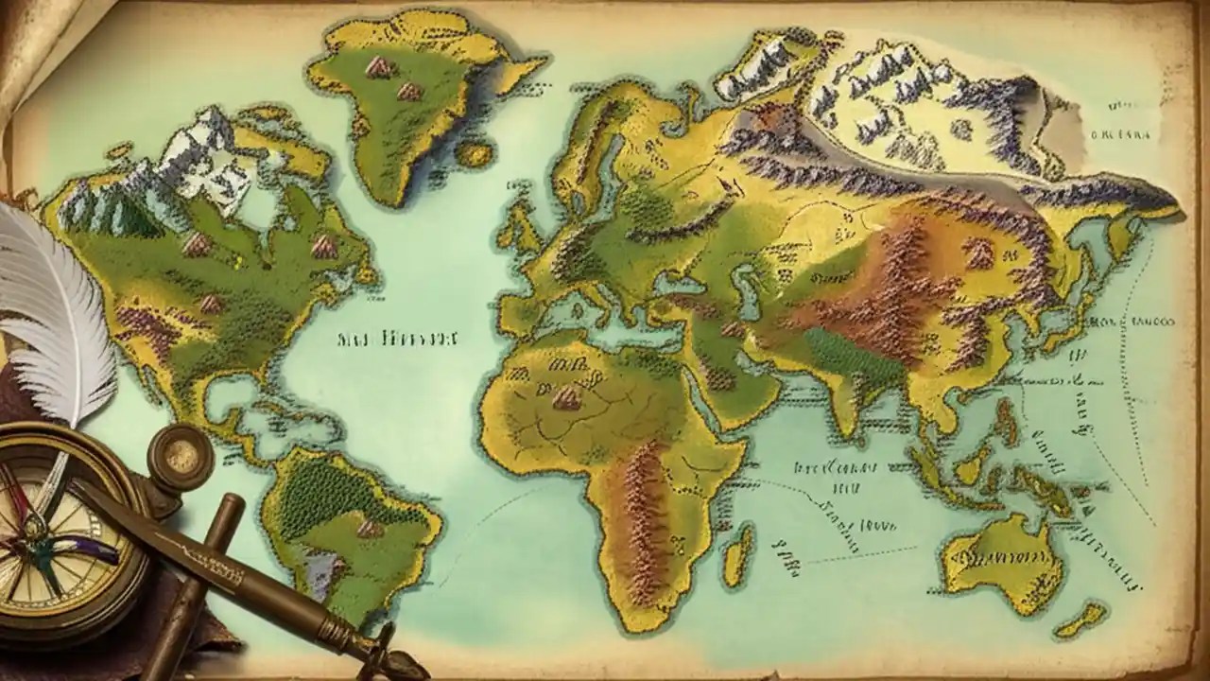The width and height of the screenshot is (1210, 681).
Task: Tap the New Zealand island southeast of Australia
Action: pos(1080,620)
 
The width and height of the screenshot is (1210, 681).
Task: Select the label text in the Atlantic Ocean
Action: pos(398,339)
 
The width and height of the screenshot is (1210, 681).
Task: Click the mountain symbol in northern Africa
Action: pos(567,398)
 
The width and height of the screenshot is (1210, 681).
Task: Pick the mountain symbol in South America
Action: pos(370,527)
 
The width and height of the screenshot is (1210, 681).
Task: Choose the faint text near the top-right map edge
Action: pos(1122,135)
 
